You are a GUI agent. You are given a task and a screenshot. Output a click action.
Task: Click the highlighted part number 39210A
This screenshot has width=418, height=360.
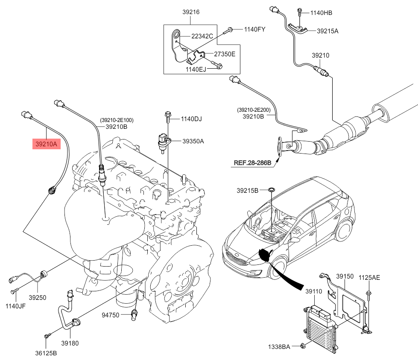click(47, 145)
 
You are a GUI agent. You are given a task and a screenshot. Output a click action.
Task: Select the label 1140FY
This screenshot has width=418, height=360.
click(255, 29)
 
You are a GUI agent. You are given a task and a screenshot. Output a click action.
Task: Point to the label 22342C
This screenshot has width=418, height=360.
click(202, 36)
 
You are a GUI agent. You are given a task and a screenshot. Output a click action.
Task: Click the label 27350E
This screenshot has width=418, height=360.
click(225, 54)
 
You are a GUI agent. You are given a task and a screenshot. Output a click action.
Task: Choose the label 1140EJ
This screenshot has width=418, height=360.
click(196, 69)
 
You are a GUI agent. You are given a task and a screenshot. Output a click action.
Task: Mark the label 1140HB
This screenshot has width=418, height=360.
click(321, 13)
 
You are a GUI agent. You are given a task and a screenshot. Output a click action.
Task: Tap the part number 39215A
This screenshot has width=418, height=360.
click(327, 31)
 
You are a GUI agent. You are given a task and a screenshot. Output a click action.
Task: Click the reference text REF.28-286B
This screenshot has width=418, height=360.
click(252, 163)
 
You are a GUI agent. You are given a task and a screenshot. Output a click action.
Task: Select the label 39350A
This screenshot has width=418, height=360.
click(193, 141)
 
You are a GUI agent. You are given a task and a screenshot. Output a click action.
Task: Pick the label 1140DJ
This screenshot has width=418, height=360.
click(191, 119)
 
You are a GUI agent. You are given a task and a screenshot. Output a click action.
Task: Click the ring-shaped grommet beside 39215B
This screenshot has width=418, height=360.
click(271, 190)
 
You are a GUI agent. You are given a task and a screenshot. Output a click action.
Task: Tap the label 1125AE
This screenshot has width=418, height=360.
click(369, 278)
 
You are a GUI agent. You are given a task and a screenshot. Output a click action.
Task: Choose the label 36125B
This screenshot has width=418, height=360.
click(47, 353)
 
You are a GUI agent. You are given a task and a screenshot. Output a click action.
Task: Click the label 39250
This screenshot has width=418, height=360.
click(38, 297)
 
